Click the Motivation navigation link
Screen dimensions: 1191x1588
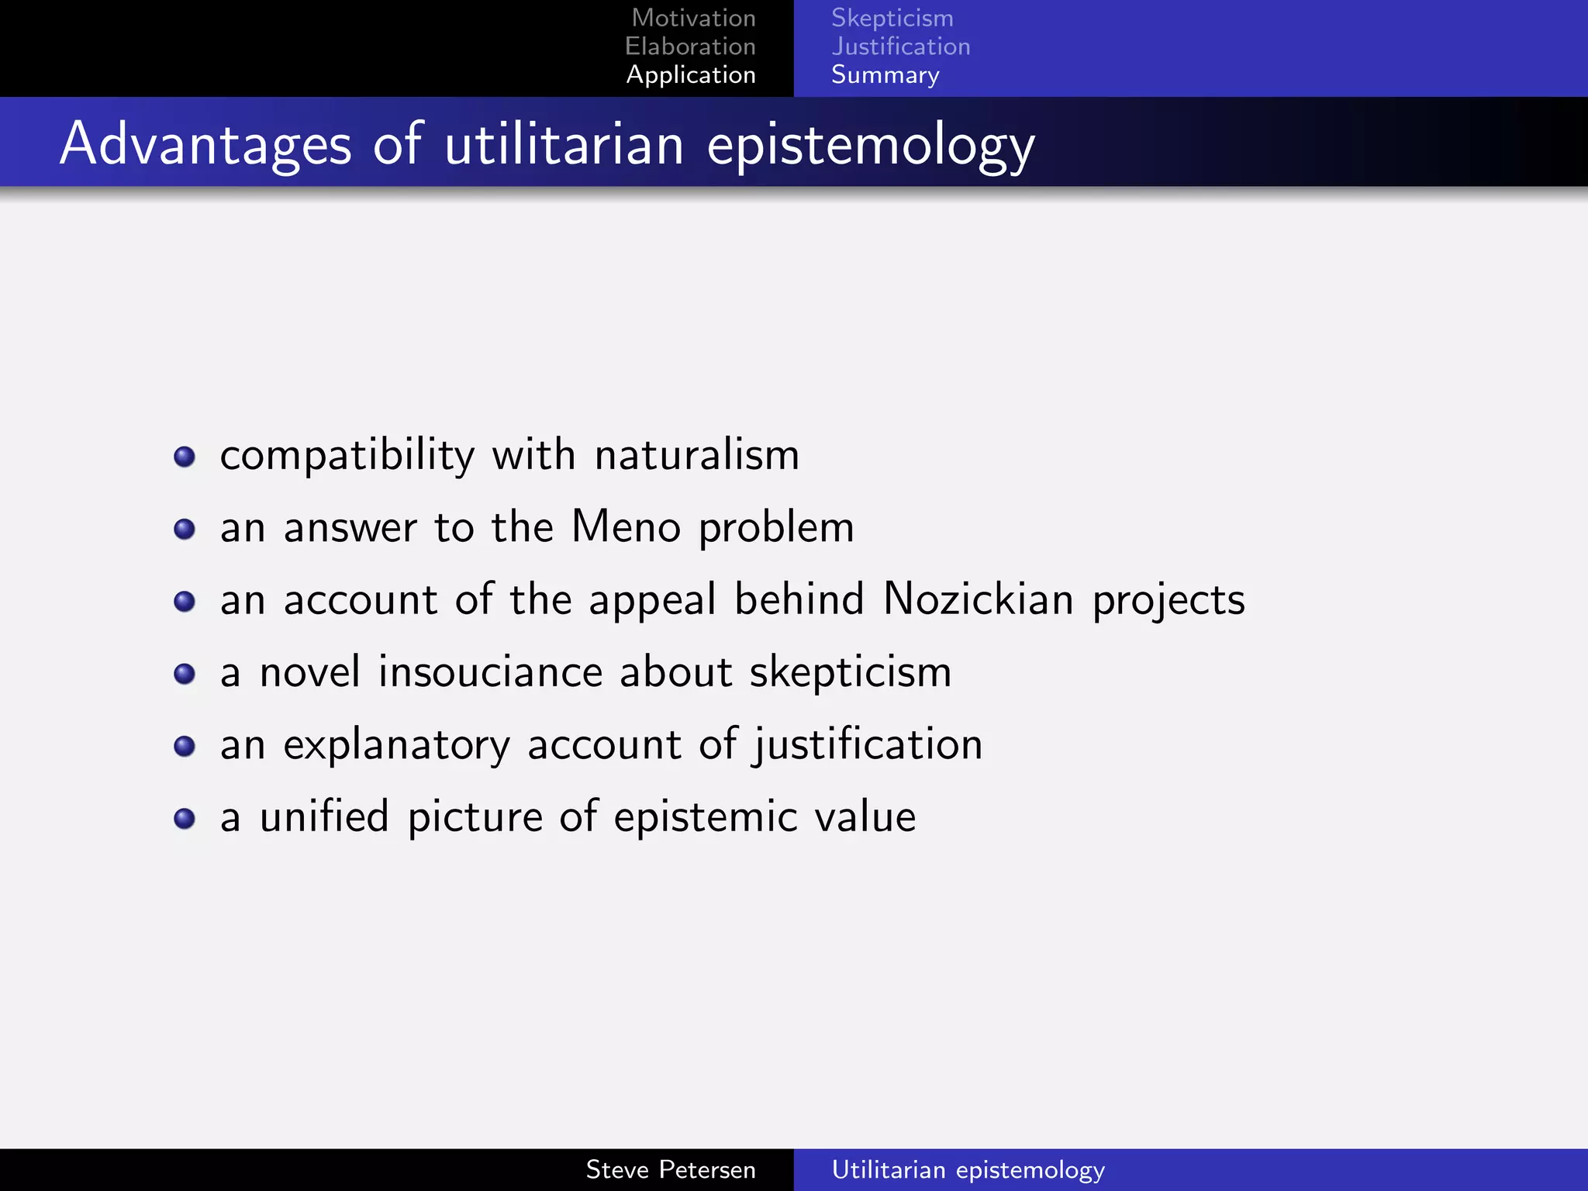tap(693, 18)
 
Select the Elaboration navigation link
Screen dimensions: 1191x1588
tap(690, 47)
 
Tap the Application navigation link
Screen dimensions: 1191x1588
tap(690, 74)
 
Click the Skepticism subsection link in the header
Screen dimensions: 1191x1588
tap(892, 18)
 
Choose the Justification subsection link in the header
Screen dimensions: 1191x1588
tap(900, 47)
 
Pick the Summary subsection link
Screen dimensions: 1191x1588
tap(885, 75)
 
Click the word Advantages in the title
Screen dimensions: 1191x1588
tap(205, 144)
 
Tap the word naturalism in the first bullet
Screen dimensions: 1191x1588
tap(696, 454)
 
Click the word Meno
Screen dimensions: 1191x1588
tap(626, 526)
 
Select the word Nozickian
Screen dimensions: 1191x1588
tap(979, 599)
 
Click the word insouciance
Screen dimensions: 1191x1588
tap(490, 671)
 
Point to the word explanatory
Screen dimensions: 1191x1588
tap(396, 744)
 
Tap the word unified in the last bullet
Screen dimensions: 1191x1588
tap(323, 816)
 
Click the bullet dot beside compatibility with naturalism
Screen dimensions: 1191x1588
tap(185, 457)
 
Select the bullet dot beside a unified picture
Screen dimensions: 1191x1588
tap(185, 819)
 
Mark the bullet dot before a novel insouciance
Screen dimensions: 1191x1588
tap(185, 674)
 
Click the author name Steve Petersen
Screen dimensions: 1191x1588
tap(670, 1169)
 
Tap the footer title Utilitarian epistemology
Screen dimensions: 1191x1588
tap(968, 1169)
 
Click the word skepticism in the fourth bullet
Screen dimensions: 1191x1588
tap(850, 672)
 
